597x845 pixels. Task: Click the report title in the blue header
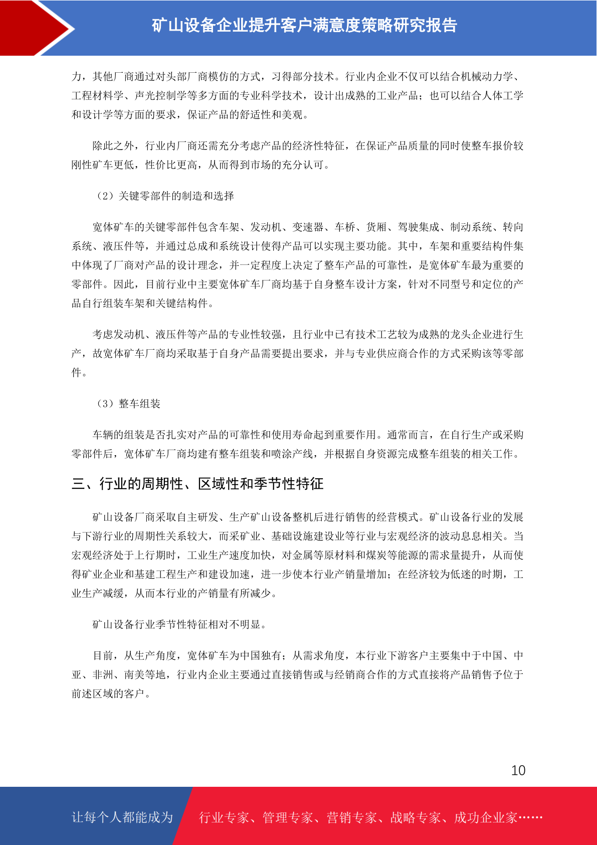click(304, 25)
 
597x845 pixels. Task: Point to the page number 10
click(518, 770)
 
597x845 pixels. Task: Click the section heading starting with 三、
click(197, 484)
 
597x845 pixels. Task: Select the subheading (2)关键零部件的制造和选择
click(165, 196)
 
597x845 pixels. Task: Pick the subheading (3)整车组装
click(129, 403)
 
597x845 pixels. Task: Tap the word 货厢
click(376, 227)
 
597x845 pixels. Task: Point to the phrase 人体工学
click(503, 95)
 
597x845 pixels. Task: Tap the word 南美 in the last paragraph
click(134, 674)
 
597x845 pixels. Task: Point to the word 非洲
click(103, 674)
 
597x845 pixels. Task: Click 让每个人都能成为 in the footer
click(122, 817)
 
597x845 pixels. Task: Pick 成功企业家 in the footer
click(485, 817)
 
